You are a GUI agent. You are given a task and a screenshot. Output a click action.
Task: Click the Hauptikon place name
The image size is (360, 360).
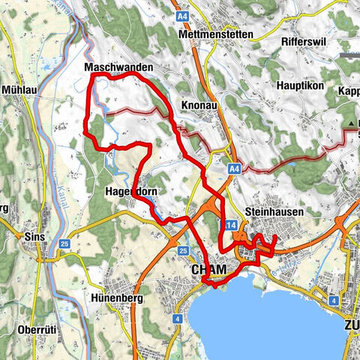click(x=298, y=86)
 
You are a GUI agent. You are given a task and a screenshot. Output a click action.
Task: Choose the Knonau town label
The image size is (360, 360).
click(x=199, y=106)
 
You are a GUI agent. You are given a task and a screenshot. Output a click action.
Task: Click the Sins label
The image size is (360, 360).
click(x=34, y=236)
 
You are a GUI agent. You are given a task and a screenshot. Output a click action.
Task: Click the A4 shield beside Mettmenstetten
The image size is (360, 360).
click(x=183, y=15)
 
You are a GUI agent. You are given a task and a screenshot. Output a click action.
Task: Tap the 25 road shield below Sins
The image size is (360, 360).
click(x=65, y=244)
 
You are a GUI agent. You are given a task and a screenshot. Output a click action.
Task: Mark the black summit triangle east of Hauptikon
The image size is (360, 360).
click(x=351, y=122)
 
